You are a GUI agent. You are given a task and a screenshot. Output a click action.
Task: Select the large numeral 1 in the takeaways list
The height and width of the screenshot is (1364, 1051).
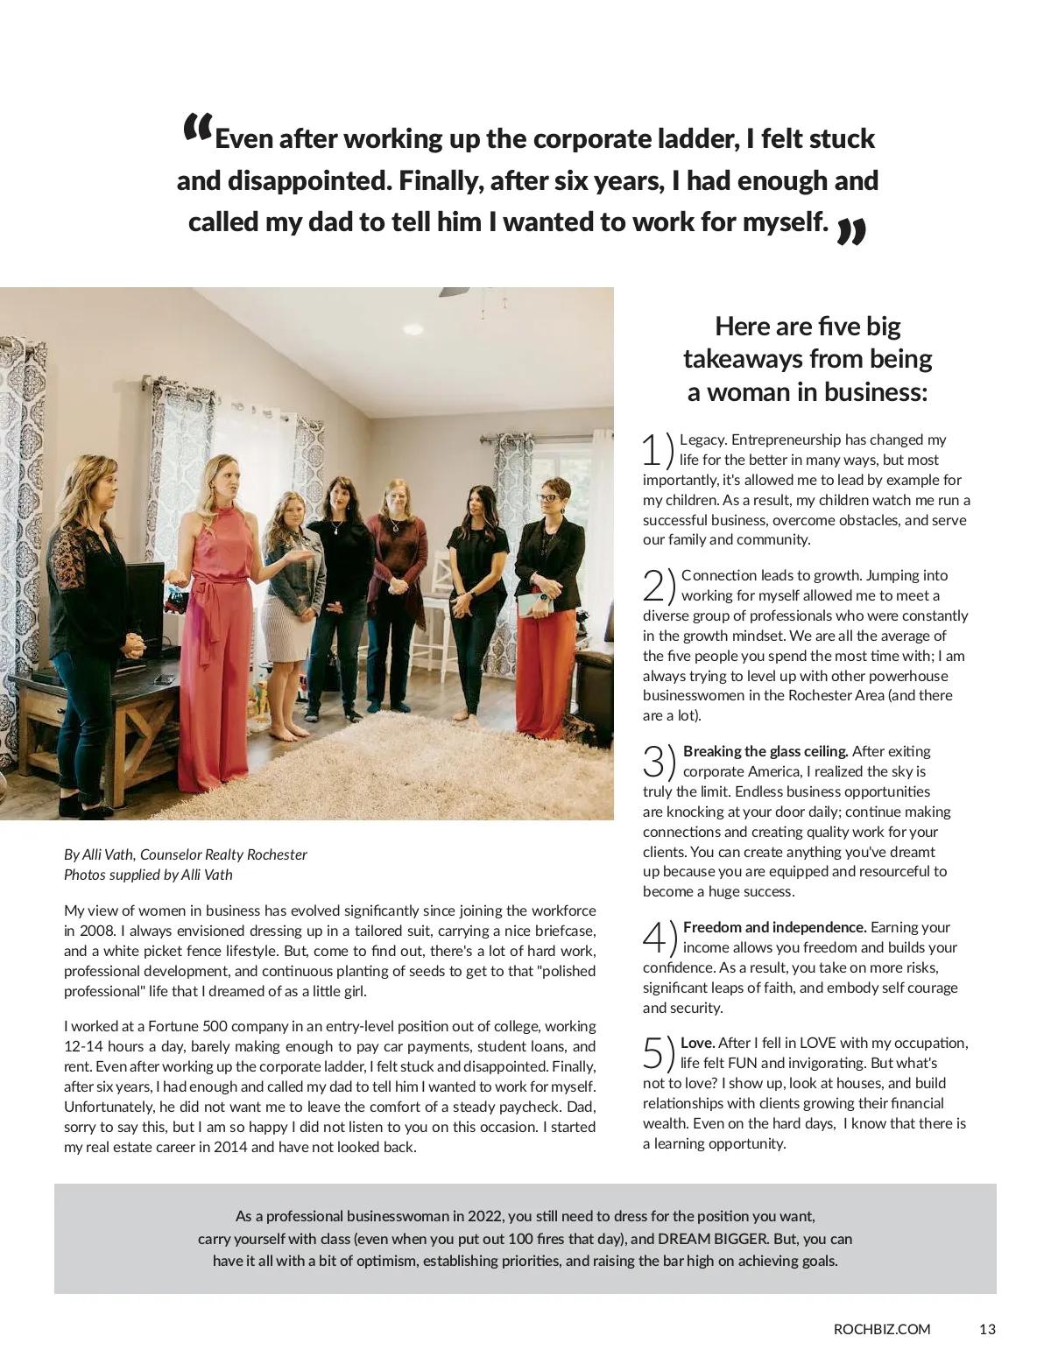(x=652, y=450)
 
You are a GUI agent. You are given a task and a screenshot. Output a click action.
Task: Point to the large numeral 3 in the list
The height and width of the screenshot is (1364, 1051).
(x=653, y=762)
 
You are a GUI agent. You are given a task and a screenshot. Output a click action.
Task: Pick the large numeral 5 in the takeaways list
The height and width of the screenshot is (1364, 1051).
(x=653, y=1053)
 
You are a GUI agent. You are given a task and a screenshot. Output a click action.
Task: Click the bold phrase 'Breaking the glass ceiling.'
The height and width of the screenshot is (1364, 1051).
(x=765, y=751)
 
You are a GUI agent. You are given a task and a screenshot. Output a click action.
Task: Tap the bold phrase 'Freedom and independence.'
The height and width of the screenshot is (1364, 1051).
(x=774, y=927)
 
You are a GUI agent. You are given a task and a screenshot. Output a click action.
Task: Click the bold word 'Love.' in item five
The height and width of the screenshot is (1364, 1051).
(x=698, y=1043)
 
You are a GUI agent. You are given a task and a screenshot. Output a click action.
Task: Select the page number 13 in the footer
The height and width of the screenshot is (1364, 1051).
(x=987, y=1329)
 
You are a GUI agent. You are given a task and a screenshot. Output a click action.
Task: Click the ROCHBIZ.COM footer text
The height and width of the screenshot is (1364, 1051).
(x=882, y=1329)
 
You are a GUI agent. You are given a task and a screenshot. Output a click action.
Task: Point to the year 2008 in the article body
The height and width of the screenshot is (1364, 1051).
(x=94, y=931)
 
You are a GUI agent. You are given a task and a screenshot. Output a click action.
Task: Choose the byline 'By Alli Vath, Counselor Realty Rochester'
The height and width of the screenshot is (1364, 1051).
(x=186, y=854)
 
